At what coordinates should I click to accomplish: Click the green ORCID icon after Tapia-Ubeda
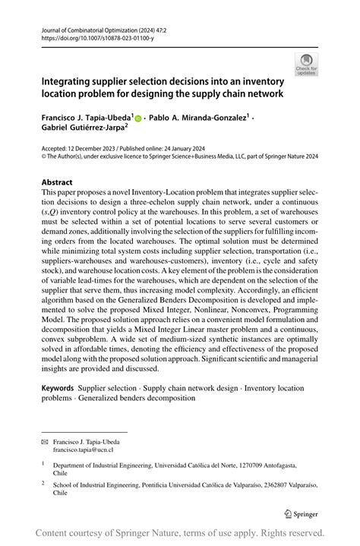click(138, 118)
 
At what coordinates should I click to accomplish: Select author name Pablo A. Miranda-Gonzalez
click(198, 117)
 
